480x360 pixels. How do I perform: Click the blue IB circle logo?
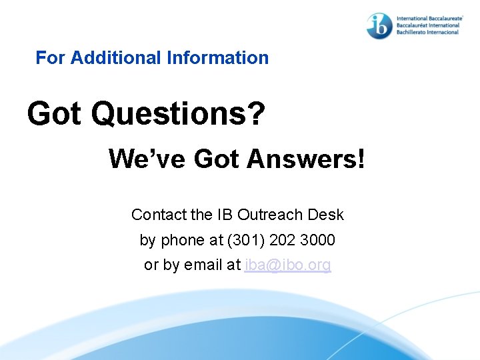(x=379, y=25)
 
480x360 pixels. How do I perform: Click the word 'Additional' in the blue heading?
(x=117, y=58)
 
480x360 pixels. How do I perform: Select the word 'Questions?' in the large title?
(x=178, y=114)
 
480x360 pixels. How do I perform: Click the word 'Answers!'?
(x=306, y=159)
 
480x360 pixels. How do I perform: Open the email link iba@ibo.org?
(x=287, y=265)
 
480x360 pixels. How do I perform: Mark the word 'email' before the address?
(x=203, y=265)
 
